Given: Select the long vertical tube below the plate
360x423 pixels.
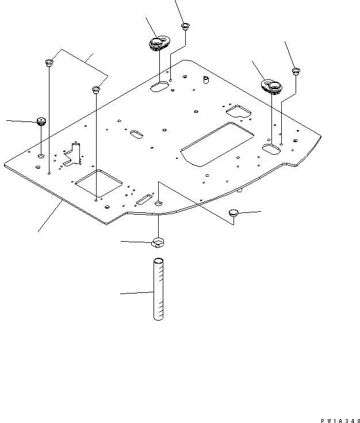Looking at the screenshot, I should [x=158, y=290].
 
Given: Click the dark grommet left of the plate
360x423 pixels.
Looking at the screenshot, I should [x=41, y=121].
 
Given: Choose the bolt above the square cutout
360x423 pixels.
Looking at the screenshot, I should [x=96, y=90].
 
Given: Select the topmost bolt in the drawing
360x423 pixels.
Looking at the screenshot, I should [x=185, y=25].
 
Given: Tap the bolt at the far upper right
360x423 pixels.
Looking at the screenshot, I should [x=296, y=71].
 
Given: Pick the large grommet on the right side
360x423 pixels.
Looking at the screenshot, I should [x=270, y=86].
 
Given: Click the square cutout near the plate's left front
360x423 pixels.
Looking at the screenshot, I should [x=99, y=183].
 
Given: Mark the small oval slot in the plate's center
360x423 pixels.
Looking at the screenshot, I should [x=137, y=134].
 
